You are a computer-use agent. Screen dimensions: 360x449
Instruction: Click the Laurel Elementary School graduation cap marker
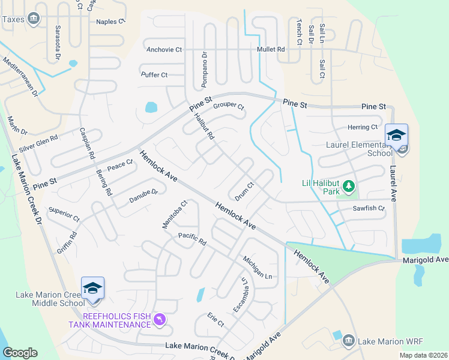(396, 135)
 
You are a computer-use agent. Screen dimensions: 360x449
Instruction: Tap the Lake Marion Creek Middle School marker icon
(92, 289)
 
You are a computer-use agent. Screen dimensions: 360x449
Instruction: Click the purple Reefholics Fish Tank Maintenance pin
(159, 320)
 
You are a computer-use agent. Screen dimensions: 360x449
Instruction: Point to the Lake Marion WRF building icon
(348, 341)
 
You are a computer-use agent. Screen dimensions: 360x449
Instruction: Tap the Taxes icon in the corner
(34, 19)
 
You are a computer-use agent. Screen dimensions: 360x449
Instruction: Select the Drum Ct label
(245, 191)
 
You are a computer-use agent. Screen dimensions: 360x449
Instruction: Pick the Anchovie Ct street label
(164, 50)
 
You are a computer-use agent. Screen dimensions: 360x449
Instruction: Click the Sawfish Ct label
(369, 208)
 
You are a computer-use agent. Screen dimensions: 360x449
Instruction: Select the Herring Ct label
(363, 127)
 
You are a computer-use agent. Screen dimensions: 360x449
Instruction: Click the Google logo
(20, 353)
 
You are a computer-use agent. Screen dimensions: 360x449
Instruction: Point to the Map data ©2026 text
(423, 355)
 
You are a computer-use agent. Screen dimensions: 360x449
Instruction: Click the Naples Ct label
(110, 22)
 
